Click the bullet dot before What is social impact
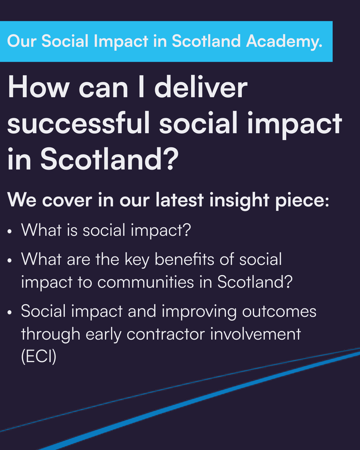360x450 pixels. click(10, 231)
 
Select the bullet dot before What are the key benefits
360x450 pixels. click(10, 260)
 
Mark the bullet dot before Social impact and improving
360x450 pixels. click(10, 312)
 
